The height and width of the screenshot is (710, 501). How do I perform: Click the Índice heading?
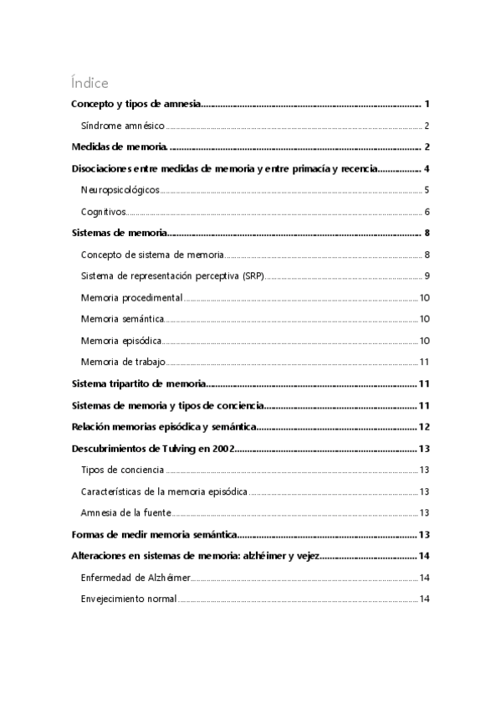point(89,83)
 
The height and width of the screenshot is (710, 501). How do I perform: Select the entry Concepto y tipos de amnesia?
point(134,105)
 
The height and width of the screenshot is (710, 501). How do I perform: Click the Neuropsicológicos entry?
point(120,190)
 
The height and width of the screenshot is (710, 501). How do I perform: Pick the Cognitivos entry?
point(103,212)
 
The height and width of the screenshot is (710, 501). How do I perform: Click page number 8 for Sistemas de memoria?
point(427,234)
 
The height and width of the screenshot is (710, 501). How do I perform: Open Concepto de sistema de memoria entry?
point(153,255)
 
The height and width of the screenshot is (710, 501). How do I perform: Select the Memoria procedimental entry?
point(131,298)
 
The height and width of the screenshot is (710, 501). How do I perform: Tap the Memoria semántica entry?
point(122,319)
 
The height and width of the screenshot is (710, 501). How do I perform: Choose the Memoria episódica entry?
point(121,341)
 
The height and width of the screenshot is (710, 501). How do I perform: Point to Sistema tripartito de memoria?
point(137,383)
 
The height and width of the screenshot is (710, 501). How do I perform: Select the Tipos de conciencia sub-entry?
point(122,470)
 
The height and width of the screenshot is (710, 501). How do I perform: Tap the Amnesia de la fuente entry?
point(125,512)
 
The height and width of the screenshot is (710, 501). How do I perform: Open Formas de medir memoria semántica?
point(153,534)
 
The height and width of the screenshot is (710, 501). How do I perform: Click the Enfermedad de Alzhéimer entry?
point(135,578)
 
